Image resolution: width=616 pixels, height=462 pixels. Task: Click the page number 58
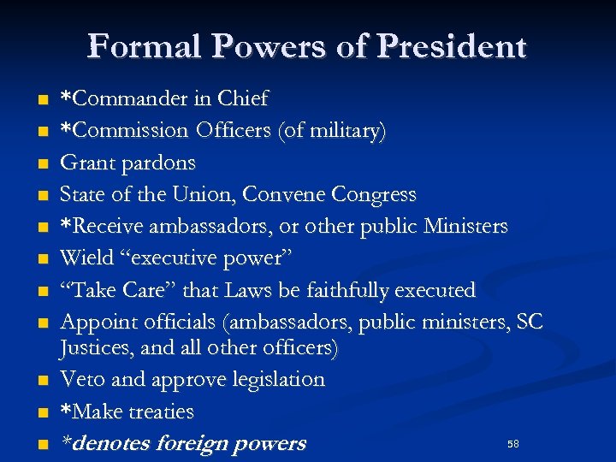point(513,444)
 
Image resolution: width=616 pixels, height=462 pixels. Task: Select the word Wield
point(83,258)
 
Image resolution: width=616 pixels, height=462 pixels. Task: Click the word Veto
point(82,379)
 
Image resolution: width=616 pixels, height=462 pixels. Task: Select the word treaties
point(161,412)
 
